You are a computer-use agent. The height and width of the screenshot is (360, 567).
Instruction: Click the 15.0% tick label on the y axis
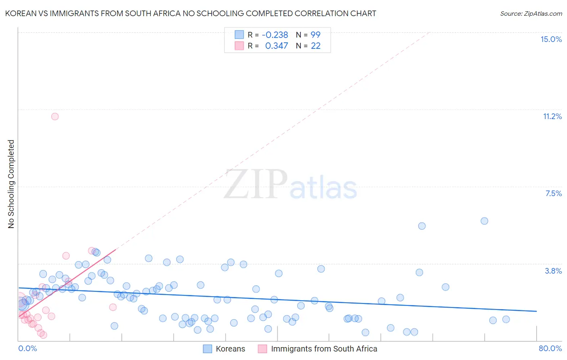pyautogui.click(x=551, y=39)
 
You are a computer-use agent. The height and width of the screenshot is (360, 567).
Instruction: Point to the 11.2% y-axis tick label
pyautogui.click(x=552, y=116)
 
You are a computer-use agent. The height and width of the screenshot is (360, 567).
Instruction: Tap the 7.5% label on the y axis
pyautogui.click(x=553, y=193)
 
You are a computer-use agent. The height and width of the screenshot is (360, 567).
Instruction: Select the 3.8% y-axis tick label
pyautogui.click(x=553, y=271)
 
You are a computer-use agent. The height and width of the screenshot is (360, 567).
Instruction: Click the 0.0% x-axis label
pyautogui.click(x=27, y=348)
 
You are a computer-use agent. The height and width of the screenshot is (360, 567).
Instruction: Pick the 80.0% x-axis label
pyautogui.click(x=550, y=348)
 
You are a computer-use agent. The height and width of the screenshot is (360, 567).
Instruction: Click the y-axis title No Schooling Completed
pyautogui.click(x=11, y=184)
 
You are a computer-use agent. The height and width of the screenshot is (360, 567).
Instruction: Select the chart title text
pyautogui.click(x=190, y=13)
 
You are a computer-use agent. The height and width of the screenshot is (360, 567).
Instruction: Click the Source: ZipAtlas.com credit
pyautogui.click(x=531, y=13)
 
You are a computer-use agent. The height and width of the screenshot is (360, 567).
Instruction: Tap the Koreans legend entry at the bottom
pyautogui.click(x=230, y=349)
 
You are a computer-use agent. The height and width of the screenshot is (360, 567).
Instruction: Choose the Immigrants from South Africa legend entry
pyautogui.click(x=324, y=349)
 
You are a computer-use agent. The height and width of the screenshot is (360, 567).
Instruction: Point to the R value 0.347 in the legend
pyautogui.click(x=276, y=46)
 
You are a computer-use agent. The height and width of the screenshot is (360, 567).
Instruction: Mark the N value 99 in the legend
pyautogui.click(x=315, y=35)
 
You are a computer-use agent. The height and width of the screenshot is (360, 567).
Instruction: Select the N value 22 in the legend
pyautogui.click(x=315, y=46)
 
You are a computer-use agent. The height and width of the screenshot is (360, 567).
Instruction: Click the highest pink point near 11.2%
pyautogui.click(x=55, y=116)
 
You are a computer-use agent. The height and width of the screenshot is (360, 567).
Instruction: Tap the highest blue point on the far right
pyautogui.click(x=484, y=221)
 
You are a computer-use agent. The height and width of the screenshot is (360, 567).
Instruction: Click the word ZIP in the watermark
pyautogui.click(x=255, y=184)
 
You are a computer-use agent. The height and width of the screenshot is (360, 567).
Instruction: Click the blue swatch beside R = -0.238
pyautogui.click(x=239, y=35)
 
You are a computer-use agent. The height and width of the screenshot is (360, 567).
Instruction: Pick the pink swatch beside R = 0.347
pyautogui.click(x=239, y=46)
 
